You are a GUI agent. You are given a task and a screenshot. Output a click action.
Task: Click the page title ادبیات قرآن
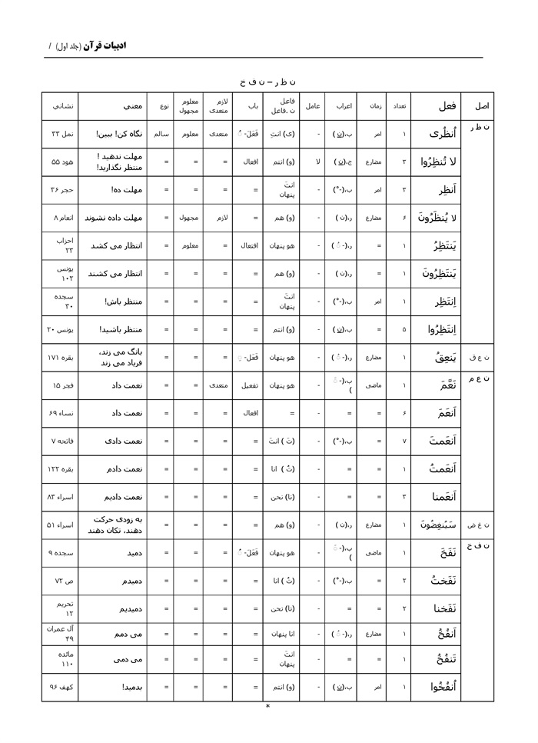[105, 46]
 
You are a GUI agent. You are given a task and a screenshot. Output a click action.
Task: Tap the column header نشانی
[61, 105]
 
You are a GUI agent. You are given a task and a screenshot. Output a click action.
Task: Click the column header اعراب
[343, 105]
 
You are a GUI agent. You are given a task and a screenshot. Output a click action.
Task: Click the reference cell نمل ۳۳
[61, 134]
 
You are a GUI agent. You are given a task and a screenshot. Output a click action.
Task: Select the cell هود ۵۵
[61, 162]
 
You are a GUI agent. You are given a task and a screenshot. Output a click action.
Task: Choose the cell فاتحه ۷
[61, 441]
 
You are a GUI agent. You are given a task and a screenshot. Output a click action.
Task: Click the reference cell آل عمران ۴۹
[61, 634]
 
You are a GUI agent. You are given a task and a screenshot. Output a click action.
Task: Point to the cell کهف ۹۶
[61, 687]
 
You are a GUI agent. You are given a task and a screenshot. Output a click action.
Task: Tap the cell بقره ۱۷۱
[61, 358]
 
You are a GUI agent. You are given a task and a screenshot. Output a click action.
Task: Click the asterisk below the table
[267, 706]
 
